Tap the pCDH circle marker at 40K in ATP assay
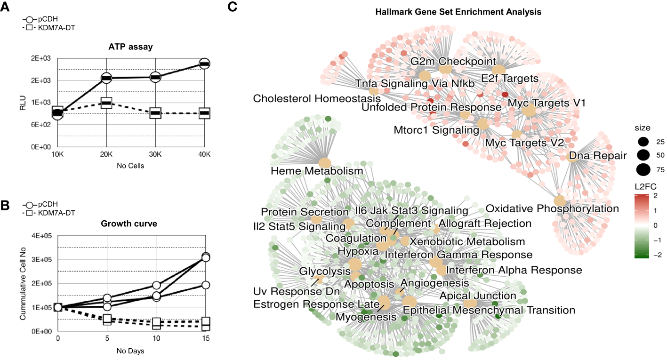click(x=204, y=64)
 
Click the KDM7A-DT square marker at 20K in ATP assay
click(x=106, y=103)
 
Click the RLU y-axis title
click(x=23, y=102)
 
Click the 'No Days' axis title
click(x=131, y=351)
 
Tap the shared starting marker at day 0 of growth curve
click(x=58, y=307)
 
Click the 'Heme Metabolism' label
click(x=317, y=171)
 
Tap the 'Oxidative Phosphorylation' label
click(x=552, y=208)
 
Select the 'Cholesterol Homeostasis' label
click(x=316, y=99)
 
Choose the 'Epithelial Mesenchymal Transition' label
click(x=489, y=310)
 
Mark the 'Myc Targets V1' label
click(x=546, y=103)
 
